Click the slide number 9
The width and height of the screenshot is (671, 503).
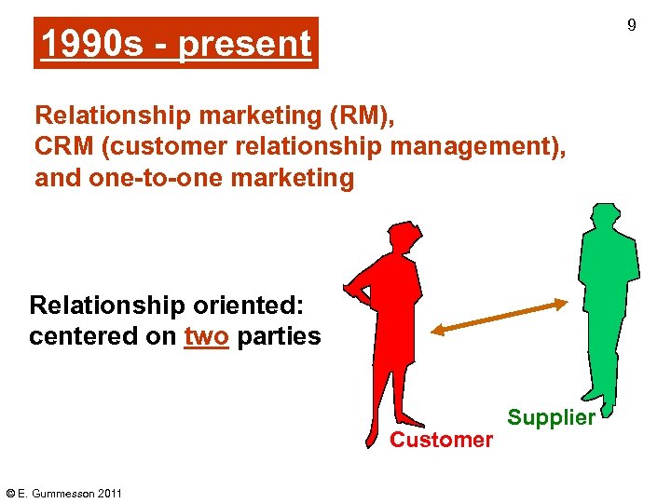tap(631, 25)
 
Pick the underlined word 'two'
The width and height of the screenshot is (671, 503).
tap(206, 336)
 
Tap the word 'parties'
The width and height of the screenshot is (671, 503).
tap(279, 336)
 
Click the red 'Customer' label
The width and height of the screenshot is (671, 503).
tap(441, 440)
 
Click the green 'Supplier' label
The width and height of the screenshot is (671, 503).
tap(551, 417)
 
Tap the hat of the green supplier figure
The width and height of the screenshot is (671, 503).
tap(606, 211)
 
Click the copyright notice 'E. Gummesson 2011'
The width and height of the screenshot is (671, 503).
tap(63, 493)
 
